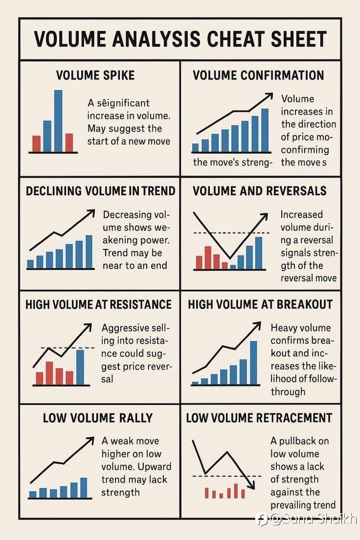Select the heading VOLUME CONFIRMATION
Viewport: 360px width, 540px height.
(258, 75)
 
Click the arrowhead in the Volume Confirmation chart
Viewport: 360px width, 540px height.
(268, 96)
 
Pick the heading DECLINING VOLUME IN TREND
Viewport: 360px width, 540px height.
(100, 191)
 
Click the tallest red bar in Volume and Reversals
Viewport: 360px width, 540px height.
(208, 257)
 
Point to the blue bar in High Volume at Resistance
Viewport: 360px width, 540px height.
(80, 367)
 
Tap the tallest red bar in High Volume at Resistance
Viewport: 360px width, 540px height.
(49, 373)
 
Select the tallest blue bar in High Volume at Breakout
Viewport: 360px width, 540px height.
(253, 362)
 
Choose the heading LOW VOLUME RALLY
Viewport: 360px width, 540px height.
(98, 418)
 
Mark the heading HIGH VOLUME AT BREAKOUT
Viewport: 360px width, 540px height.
(260, 304)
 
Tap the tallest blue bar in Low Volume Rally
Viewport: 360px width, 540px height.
(84, 488)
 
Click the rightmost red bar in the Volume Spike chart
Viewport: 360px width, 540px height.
(69, 143)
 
